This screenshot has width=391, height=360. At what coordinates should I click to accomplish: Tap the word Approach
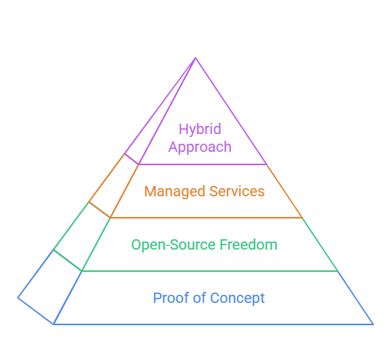pos(200,147)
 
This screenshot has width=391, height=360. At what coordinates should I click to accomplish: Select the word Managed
pos(175,192)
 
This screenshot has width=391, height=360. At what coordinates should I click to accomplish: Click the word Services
pos(237,191)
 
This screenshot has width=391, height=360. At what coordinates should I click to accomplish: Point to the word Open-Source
pos(174,245)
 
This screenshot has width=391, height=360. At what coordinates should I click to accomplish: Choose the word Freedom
pos(248,244)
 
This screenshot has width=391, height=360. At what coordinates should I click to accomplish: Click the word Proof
pos(171,298)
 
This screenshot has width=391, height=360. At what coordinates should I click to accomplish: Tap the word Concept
pos(237,299)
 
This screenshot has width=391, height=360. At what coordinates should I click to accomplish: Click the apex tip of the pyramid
pos(195,58)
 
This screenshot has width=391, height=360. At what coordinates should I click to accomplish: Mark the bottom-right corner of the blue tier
pos(373,324)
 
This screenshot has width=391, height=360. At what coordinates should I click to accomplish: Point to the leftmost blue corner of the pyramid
pos(18,298)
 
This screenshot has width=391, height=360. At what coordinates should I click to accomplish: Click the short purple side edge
pos(131,159)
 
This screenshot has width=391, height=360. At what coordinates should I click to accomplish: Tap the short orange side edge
pos(99,210)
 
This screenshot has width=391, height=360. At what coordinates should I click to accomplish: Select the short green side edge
pos(67,260)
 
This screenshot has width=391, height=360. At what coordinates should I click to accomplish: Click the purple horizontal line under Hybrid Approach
pos(203,164)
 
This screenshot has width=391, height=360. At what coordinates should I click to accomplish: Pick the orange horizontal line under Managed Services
pos(206,218)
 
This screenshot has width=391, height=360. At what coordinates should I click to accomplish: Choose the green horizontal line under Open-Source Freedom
pos(210,271)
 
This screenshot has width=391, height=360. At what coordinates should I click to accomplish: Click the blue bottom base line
pos(213,324)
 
